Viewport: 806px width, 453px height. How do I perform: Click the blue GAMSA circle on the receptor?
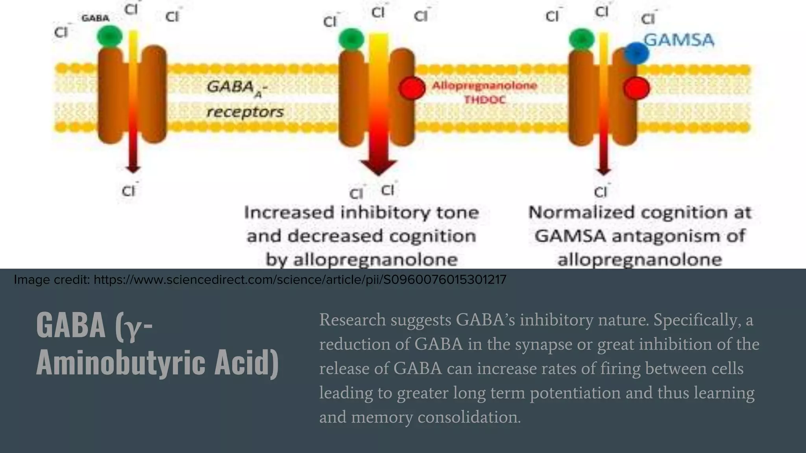tap(637, 53)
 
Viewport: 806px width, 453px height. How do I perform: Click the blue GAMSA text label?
tap(679, 40)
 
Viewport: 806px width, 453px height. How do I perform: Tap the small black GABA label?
tap(95, 18)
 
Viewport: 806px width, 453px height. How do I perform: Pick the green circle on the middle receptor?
tap(351, 39)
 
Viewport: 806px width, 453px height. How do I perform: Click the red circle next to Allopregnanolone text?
tap(412, 88)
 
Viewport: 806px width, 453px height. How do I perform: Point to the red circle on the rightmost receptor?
tap(636, 88)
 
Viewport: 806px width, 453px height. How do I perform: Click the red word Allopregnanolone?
tap(484, 85)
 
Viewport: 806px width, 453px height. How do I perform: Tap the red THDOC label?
tap(484, 100)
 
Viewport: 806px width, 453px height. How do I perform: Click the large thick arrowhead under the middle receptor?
tap(378, 167)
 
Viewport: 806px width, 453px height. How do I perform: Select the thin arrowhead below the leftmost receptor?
tap(133, 169)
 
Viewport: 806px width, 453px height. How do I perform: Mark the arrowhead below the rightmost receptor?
tap(603, 171)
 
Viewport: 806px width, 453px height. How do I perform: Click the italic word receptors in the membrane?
tap(245, 112)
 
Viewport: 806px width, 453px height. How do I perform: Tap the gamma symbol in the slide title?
tap(133, 327)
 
